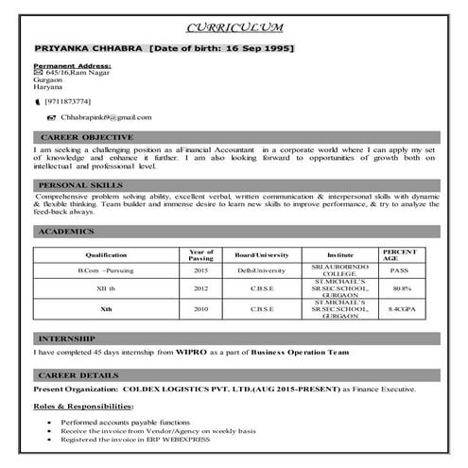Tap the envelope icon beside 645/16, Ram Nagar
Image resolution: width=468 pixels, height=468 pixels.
coord(38,72)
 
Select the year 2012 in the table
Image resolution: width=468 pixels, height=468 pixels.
coord(200,287)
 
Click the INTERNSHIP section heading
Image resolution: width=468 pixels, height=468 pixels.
coord(66,338)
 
